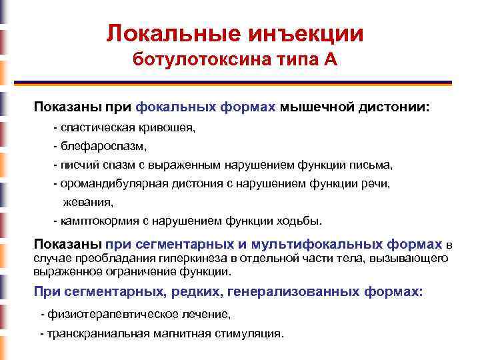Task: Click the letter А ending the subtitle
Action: [x=331, y=61]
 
